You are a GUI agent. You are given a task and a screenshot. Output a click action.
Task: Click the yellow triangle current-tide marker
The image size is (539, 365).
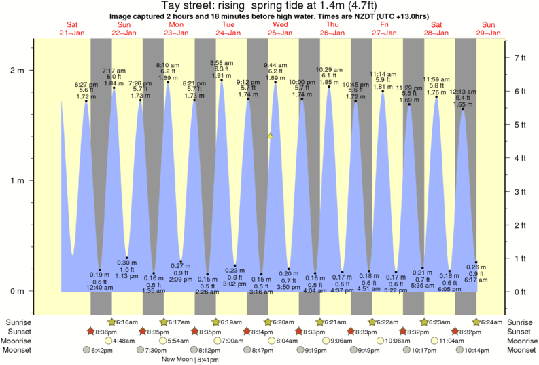(271, 136)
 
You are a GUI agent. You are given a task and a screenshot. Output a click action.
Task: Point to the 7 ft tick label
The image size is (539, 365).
(520, 58)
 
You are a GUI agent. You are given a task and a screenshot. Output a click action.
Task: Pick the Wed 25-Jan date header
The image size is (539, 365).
(280, 28)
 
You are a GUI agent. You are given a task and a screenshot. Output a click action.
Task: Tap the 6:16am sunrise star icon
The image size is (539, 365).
(112, 322)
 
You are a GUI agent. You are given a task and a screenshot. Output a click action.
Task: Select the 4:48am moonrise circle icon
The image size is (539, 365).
(109, 341)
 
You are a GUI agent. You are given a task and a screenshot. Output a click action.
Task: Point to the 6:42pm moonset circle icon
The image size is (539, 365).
(86, 350)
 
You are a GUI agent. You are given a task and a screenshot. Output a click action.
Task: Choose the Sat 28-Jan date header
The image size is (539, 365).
(437, 28)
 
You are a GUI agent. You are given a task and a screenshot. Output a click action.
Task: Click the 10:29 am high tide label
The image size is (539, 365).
(329, 69)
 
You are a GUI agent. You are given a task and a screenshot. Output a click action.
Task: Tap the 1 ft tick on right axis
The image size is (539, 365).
(520, 258)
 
